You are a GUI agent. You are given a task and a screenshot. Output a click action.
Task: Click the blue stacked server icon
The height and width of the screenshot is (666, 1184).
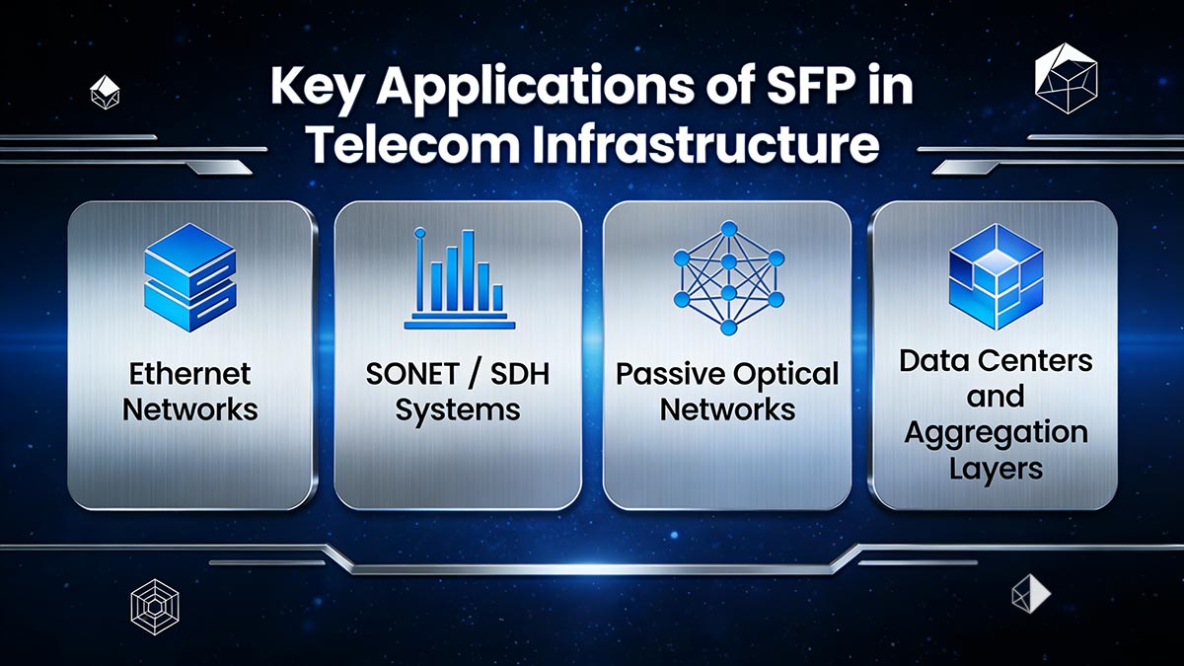(189, 274)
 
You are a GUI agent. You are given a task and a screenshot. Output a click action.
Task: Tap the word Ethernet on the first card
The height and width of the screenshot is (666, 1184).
(189, 374)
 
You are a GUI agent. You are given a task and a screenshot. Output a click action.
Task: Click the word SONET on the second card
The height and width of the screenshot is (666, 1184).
(407, 374)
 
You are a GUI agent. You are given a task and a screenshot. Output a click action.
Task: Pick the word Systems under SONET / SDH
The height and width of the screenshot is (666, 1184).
(457, 407)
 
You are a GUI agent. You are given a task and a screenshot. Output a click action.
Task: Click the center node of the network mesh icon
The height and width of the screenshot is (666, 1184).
(728, 261)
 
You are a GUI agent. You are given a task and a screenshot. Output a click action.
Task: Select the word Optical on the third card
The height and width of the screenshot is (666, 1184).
(785, 374)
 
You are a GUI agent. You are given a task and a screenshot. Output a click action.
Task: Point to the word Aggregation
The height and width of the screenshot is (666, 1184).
(995, 432)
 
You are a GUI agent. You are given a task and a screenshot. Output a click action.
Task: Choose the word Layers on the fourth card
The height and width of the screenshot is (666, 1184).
(995, 467)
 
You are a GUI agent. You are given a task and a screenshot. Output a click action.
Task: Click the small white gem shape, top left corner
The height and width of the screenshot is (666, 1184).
(104, 93)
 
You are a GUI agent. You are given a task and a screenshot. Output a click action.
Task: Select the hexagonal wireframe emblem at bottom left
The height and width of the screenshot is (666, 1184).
(154, 605)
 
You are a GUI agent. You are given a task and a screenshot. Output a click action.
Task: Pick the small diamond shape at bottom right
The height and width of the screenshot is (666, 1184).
(1029, 592)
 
